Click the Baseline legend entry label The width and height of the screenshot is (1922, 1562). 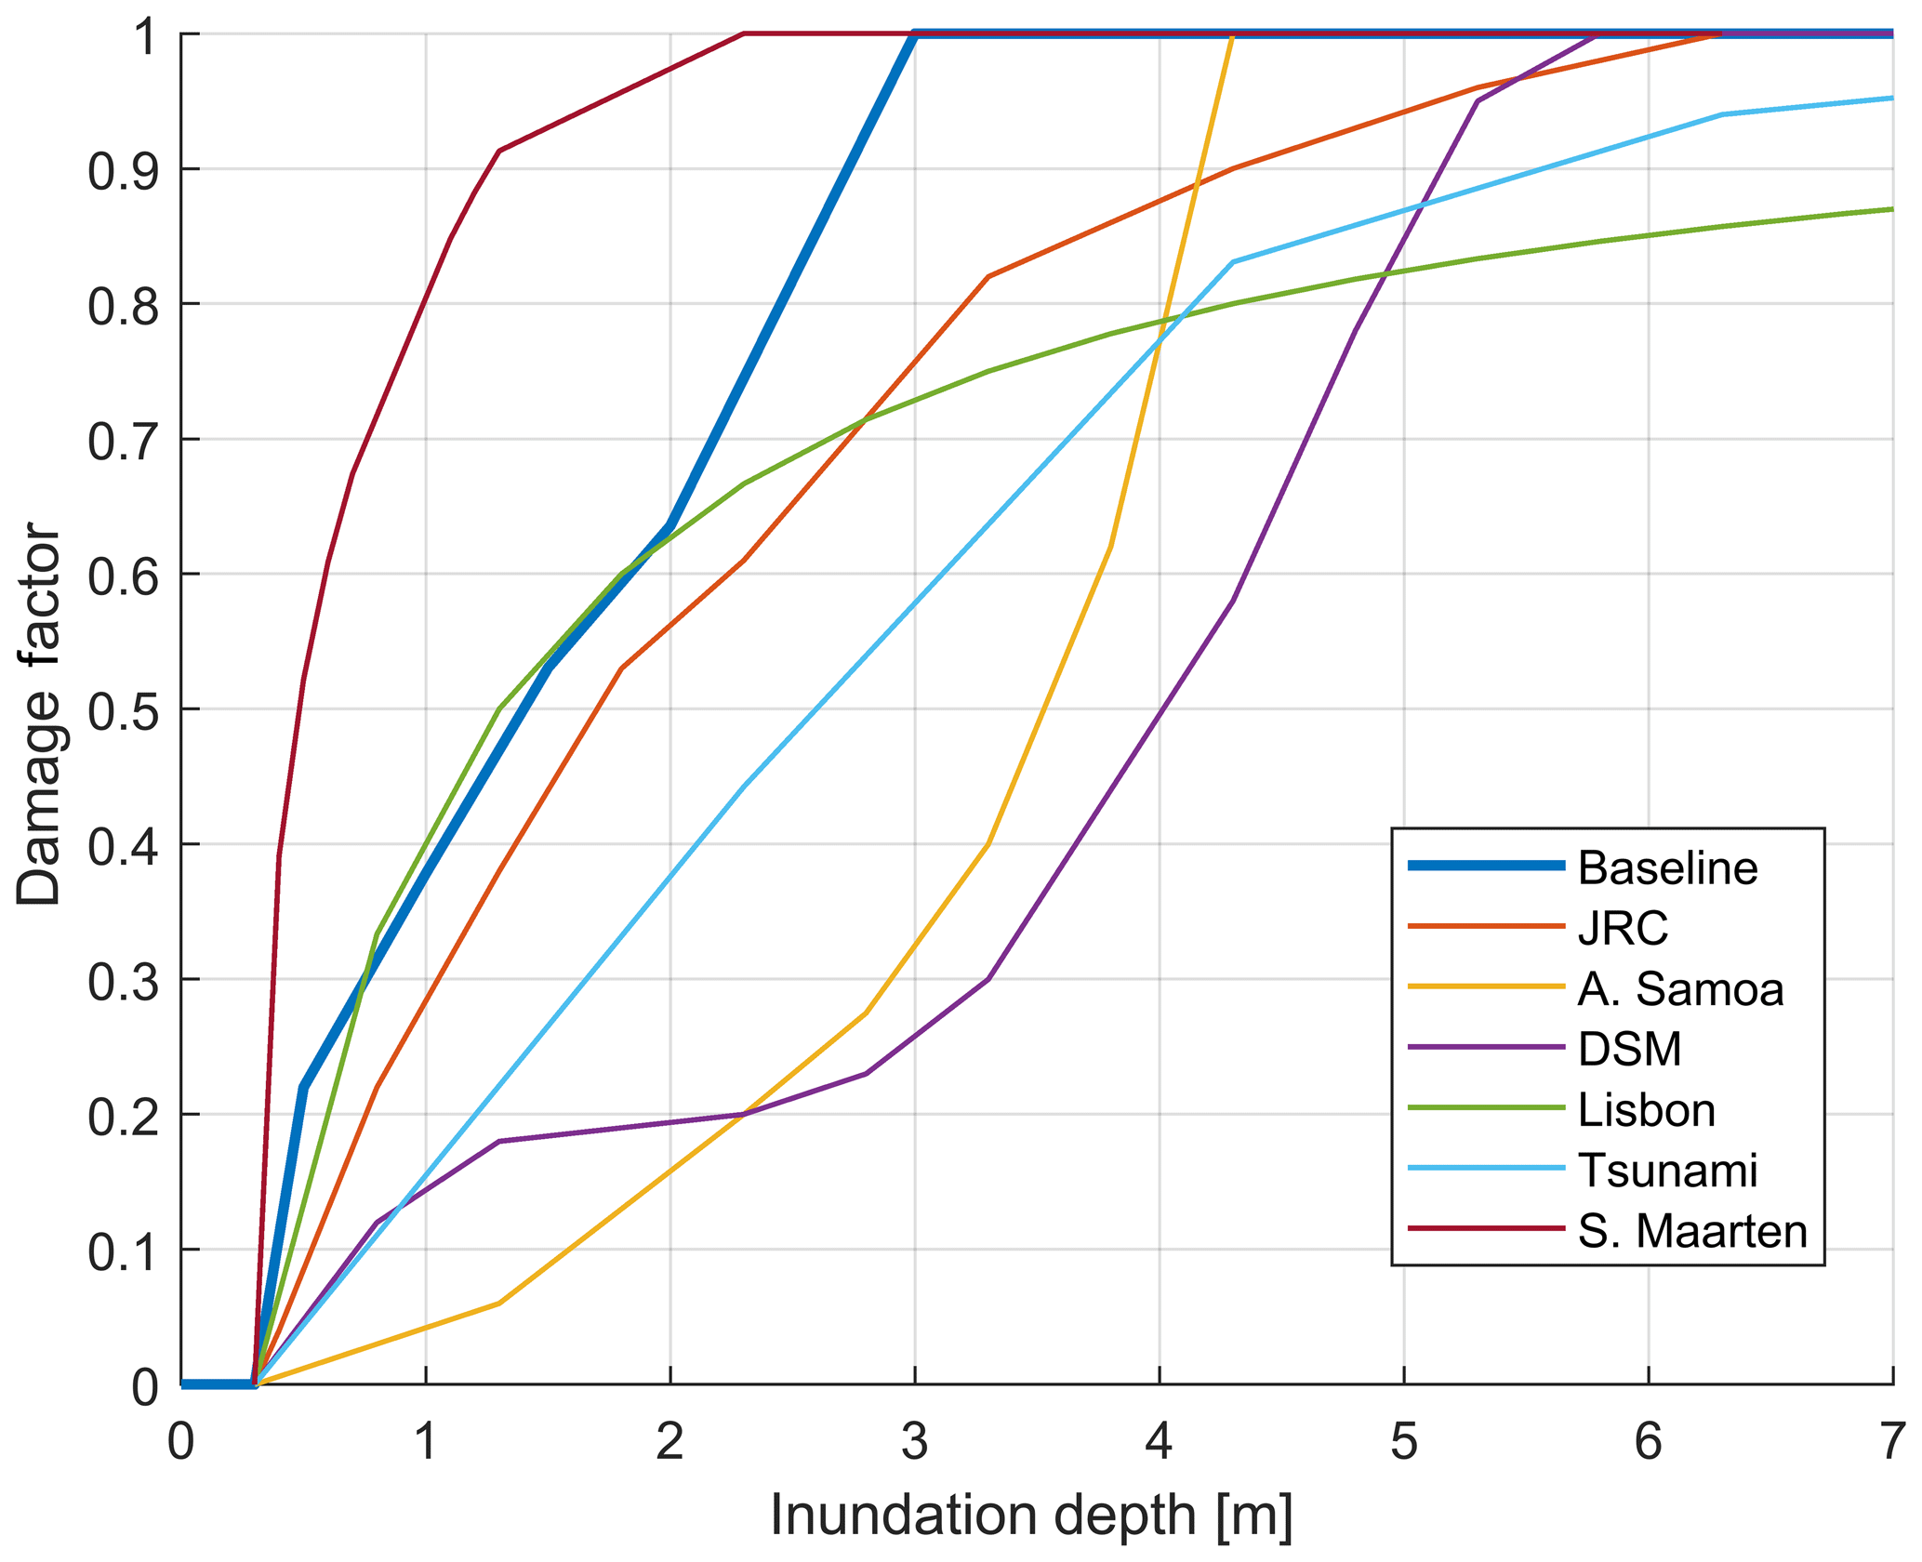(x=1667, y=867)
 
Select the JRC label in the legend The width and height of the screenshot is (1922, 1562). (x=1623, y=928)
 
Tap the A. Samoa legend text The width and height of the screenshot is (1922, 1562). (x=1680, y=988)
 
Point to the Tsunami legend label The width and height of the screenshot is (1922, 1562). (x=1667, y=1170)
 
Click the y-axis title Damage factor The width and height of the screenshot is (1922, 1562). (x=39, y=714)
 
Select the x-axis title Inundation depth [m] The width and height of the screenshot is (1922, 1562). (x=1031, y=1516)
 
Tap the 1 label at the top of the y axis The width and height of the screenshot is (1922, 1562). (x=143, y=35)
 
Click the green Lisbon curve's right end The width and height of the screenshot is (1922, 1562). (x=1890, y=209)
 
